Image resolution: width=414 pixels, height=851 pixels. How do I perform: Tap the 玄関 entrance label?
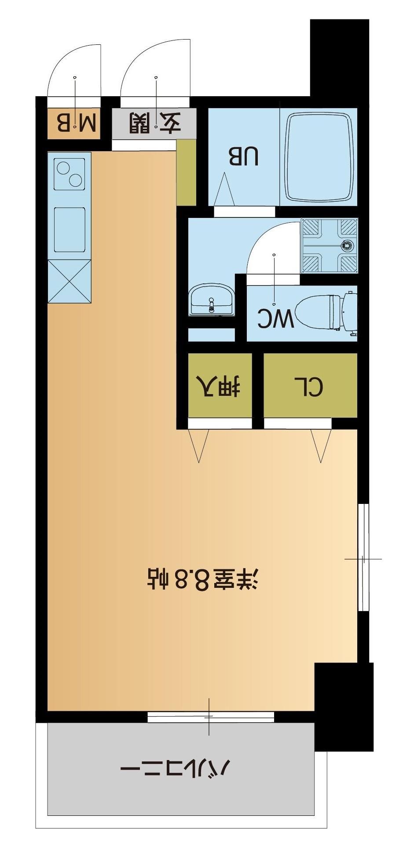point(155,123)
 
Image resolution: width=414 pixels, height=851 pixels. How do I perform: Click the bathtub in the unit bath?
point(320,156)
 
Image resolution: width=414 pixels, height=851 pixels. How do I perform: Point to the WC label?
point(276,319)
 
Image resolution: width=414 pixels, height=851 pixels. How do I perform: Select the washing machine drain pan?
point(330,246)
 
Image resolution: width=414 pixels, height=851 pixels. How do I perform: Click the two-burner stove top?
point(69,174)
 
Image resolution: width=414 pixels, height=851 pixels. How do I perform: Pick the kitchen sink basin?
point(70,229)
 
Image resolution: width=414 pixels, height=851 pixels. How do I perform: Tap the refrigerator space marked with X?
point(69,281)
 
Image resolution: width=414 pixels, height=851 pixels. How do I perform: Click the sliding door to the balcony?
point(210,717)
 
